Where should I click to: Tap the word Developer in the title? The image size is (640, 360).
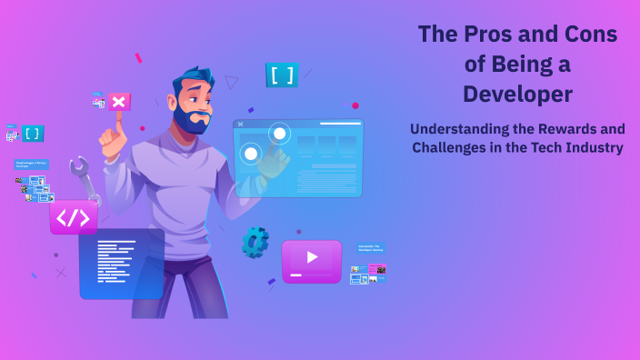[517, 94]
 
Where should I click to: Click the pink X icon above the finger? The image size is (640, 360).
[118, 101]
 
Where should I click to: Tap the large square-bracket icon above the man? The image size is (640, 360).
[282, 75]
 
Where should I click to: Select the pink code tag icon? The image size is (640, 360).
[74, 217]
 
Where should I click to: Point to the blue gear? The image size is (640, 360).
[255, 242]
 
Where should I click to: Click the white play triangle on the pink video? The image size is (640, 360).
[312, 257]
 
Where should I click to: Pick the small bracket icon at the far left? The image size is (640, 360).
[33, 133]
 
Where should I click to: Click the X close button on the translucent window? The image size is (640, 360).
[240, 124]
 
